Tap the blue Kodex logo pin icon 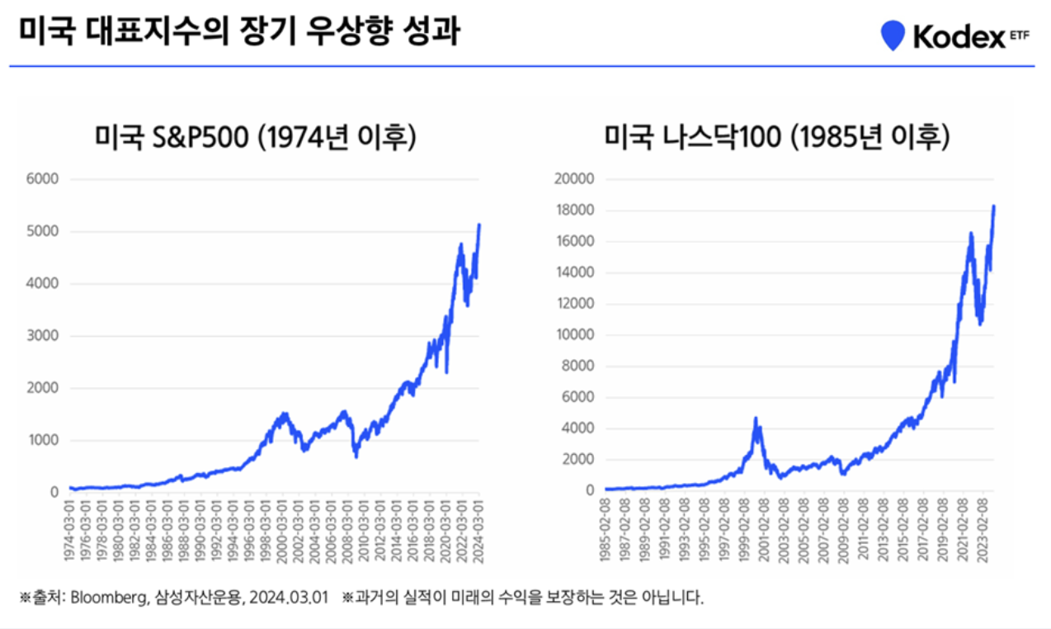point(893,35)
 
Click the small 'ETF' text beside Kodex point(1020,36)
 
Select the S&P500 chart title point(256,138)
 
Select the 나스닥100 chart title point(777,138)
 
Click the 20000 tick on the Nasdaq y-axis point(574,179)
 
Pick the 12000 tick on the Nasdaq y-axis point(574,304)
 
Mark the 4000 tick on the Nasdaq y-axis point(577,428)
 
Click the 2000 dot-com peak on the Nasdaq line point(755,419)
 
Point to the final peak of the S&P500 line point(479,225)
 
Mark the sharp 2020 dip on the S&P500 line point(446,371)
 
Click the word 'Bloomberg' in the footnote point(104,598)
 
